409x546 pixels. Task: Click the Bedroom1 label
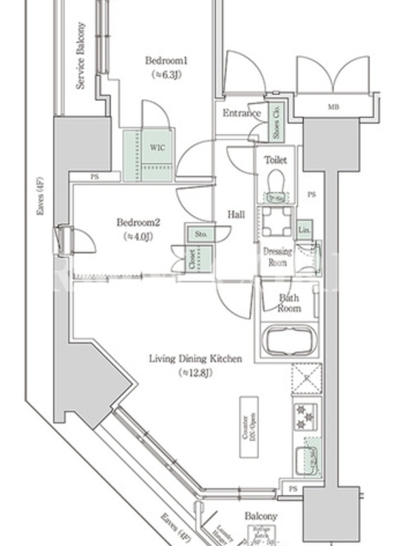coord(166,61)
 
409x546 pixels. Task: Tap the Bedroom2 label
coord(138,222)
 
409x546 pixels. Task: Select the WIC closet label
coord(157,147)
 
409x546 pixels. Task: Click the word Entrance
coord(241,113)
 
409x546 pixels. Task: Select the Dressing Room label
coord(277,257)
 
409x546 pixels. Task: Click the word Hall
coord(237,215)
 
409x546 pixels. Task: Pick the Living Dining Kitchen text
coord(196,358)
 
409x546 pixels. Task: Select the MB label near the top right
coord(333,107)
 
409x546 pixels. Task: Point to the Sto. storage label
coord(201,234)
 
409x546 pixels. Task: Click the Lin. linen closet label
coord(304,229)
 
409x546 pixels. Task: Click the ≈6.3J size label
coord(166,74)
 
